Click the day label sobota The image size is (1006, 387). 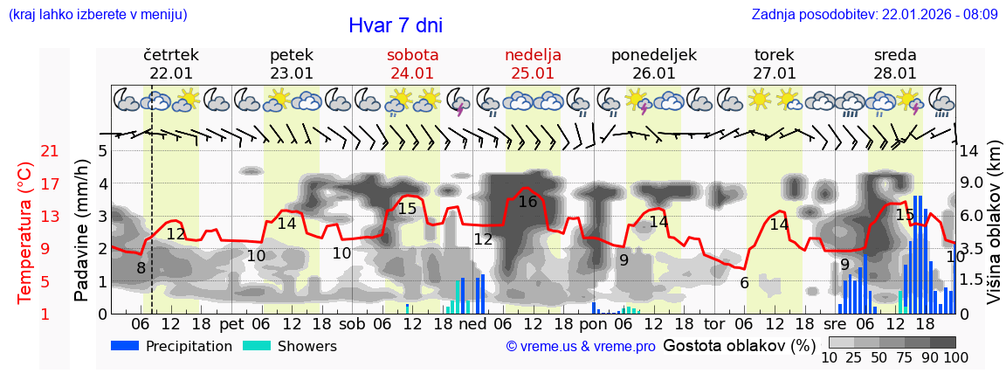412,55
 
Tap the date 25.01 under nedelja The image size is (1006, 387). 533,73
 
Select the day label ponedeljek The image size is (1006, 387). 653,55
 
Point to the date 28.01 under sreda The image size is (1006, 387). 895,73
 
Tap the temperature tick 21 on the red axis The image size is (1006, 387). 50,151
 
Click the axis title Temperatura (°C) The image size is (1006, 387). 26,232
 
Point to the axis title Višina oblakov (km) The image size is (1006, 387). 994,232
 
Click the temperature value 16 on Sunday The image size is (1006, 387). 527,202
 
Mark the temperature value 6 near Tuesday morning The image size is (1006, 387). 744,283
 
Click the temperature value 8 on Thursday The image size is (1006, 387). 141,267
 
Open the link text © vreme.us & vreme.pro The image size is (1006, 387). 581,347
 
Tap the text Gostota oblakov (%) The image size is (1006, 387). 739,346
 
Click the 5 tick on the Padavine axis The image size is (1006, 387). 102,151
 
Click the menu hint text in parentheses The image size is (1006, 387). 98,15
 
